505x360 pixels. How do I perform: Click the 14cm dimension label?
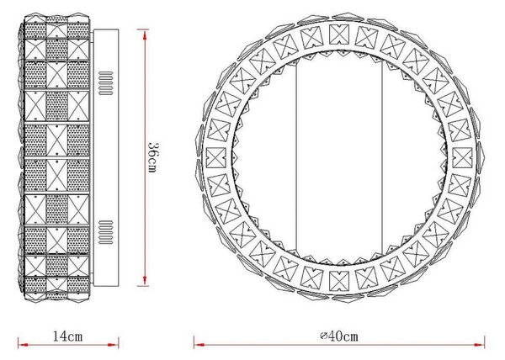tap(67, 336)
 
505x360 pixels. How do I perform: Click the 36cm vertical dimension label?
tap(152, 157)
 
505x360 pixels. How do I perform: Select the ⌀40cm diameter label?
tap(339, 336)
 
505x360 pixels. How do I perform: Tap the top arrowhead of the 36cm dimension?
tap(145, 34)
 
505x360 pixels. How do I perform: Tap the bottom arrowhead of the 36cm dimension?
tap(145, 281)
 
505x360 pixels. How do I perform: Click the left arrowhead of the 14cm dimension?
tap(24, 345)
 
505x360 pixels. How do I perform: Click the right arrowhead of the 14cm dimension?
tap(114, 345)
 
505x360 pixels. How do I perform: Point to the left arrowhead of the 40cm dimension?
tap(199, 345)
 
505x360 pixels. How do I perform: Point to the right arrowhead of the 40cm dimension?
tap(479, 345)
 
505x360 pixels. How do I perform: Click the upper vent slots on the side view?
tap(106, 83)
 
